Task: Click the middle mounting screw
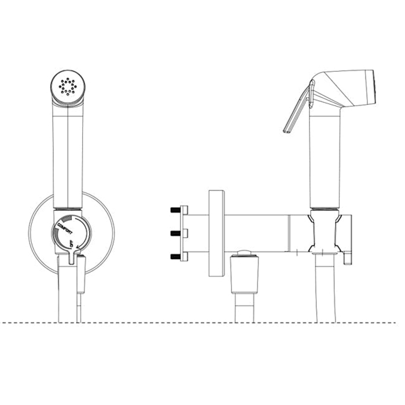(x=175, y=233)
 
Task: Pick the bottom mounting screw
(x=175, y=256)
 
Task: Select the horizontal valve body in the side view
(x=255, y=231)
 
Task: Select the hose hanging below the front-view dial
(x=69, y=295)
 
